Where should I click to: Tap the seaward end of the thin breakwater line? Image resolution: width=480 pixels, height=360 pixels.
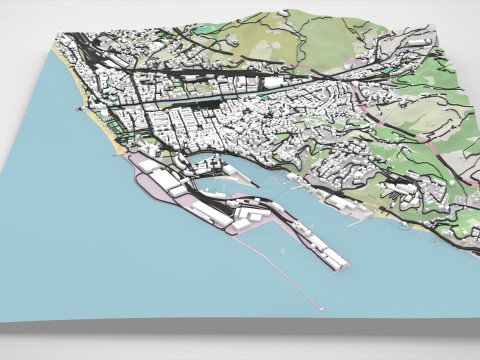point(323,305)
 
